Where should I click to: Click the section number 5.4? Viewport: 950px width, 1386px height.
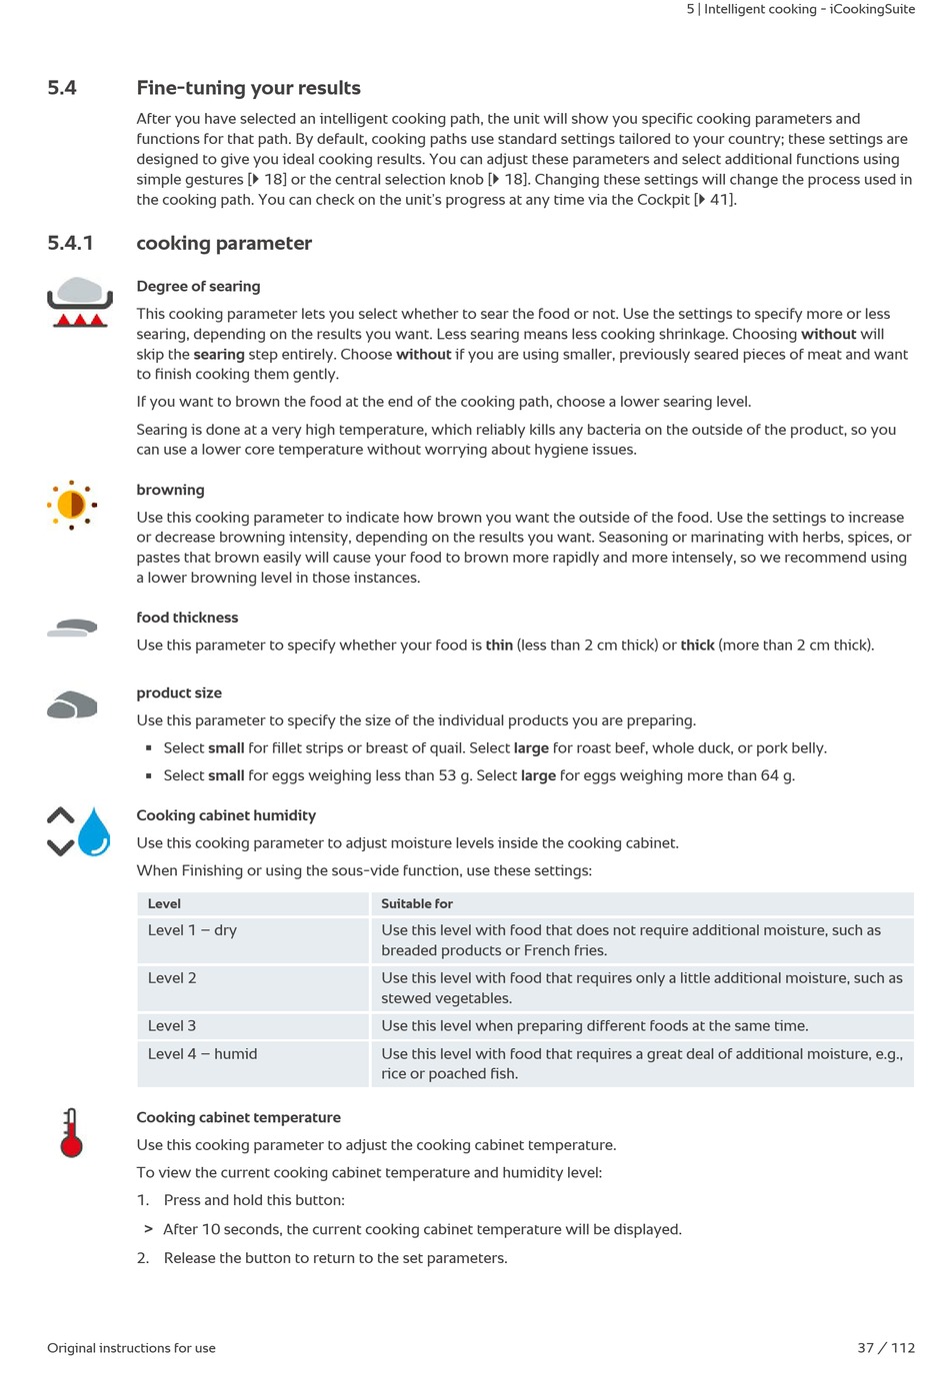pyautogui.click(x=62, y=88)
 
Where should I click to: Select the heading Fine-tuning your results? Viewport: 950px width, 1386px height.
pyautogui.click(x=248, y=88)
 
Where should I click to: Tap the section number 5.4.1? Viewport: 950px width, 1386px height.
pyautogui.click(x=70, y=243)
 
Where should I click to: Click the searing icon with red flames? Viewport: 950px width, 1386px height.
pyautogui.click(x=78, y=304)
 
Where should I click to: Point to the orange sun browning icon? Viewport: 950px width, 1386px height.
pyautogui.click(x=72, y=505)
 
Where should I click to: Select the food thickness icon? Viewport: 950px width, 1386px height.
pyautogui.click(x=72, y=628)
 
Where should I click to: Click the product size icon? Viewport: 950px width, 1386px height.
pyautogui.click(x=72, y=704)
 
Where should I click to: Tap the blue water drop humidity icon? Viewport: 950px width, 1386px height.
pyautogui.click(x=94, y=831)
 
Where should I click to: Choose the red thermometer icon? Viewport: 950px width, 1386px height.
pyautogui.click(x=71, y=1133)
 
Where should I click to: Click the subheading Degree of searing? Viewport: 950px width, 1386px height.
pyautogui.click(x=198, y=286)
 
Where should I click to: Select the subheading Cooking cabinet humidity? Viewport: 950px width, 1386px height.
pyautogui.click(x=226, y=815)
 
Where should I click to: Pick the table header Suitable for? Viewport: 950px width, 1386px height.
pyautogui.click(x=417, y=903)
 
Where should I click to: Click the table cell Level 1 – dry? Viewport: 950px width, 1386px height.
pyautogui.click(x=192, y=930)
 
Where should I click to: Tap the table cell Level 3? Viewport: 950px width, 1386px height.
pyautogui.click(x=172, y=1026)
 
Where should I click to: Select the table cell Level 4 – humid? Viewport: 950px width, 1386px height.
pyautogui.click(x=202, y=1054)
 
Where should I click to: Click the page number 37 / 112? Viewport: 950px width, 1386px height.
pyautogui.click(x=886, y=1348)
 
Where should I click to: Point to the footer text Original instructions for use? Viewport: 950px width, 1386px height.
pyautogui.click(x=131, y=1348)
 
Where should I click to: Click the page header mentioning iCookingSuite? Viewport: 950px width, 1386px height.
pyautogui.click(x=800, y=9)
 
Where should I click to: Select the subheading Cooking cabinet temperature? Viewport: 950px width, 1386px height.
pyautogui.click(x=238, y=1117)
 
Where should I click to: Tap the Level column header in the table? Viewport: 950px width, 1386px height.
pyautogui.click(x=164, y=903)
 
